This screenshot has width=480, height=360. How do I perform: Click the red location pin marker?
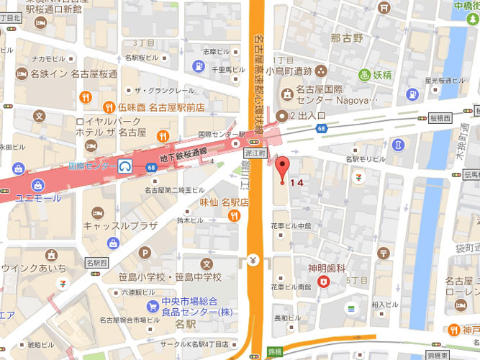[281, 166]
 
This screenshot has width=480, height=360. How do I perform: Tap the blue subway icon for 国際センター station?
[126, 166]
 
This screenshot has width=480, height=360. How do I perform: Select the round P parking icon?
[146, 253]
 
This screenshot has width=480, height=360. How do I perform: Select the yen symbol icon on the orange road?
[253, 259]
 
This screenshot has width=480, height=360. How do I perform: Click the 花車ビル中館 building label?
[291, 225]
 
